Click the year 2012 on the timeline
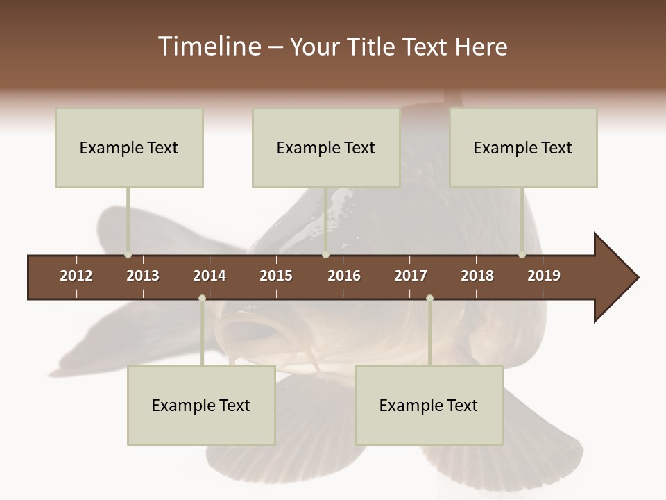(76, 276)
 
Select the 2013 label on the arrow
(143, 276)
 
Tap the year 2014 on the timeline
(210, 276)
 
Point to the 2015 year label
(276, 276)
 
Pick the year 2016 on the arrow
(344, 276)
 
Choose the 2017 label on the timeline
(411, 276)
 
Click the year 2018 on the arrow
(477, 276)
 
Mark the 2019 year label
(544, 276)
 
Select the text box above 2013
(129, 147)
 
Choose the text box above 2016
(326, 147)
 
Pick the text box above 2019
(523, 147)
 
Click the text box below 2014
(201, 405)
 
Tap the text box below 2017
(429, 405)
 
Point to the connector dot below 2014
(202, 298)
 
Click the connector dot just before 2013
(128, 255)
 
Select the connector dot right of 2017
(429, 298)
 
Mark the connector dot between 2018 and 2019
(522, 255)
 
